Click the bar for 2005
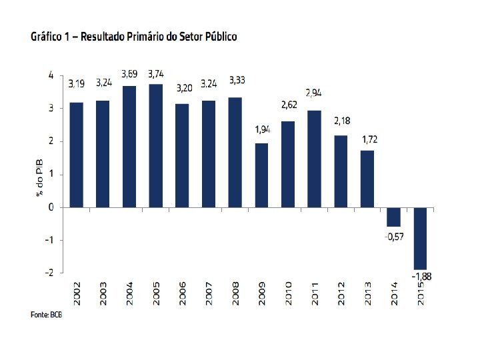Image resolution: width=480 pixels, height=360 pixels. point(155,145)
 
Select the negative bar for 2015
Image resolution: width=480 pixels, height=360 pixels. point(420,238)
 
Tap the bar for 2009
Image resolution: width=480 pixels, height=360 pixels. point(261,175)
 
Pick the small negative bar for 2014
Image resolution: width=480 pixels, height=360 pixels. point(394,217)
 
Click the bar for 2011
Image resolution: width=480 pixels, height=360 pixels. point(314,159)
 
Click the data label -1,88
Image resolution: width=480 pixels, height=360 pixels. point(421,277)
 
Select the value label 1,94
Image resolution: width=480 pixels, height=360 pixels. point(263,129)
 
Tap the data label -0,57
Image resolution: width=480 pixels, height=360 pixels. point(394,237)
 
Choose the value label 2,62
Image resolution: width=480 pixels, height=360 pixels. point(289,106)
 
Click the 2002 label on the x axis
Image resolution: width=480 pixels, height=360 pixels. point(77,293)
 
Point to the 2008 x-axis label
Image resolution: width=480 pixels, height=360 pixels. point(236,293)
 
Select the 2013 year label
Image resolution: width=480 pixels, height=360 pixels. point(368,293)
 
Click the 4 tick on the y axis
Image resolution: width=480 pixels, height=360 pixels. point(51,75)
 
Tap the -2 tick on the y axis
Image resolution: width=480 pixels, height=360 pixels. point(50,272)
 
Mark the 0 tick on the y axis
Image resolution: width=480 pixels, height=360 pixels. point(51,207)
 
